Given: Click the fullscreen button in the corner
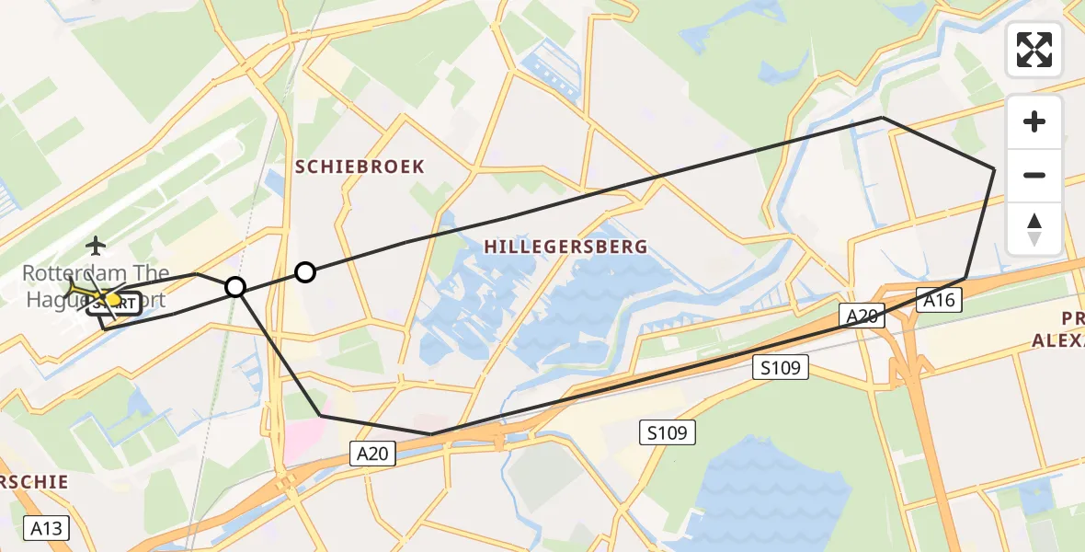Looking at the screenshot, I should pyautogui.click(x=1034, y=50).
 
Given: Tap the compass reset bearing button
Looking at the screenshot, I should pyautogui.click(x=1034, y=229).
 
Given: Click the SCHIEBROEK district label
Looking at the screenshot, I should pyautogui.click(x=360, y=167).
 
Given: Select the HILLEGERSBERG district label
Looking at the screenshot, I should pyautogui.click(x=565, y=247).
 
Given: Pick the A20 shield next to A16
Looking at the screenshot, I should pyautogui.click(x=862, y=316).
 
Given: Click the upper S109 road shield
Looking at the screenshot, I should pyautogui.click(x=781, y=368).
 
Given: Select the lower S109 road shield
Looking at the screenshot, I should pyautogui.click(x=668, y=432).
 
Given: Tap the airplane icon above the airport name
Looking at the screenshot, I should pyautogui.click(x=96, y=246).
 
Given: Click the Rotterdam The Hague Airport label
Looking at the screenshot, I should pyautogui.click(x=95, y=286).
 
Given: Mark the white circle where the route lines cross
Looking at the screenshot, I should pyautogui.click(x=235, y=287).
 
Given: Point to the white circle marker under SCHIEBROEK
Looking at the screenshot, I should pyautogui.click(x=305, y=271).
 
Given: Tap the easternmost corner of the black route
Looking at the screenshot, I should pyautogui.click(x=994, y=169).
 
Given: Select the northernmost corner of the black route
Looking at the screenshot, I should pyautogui.click(x=882, y=118).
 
